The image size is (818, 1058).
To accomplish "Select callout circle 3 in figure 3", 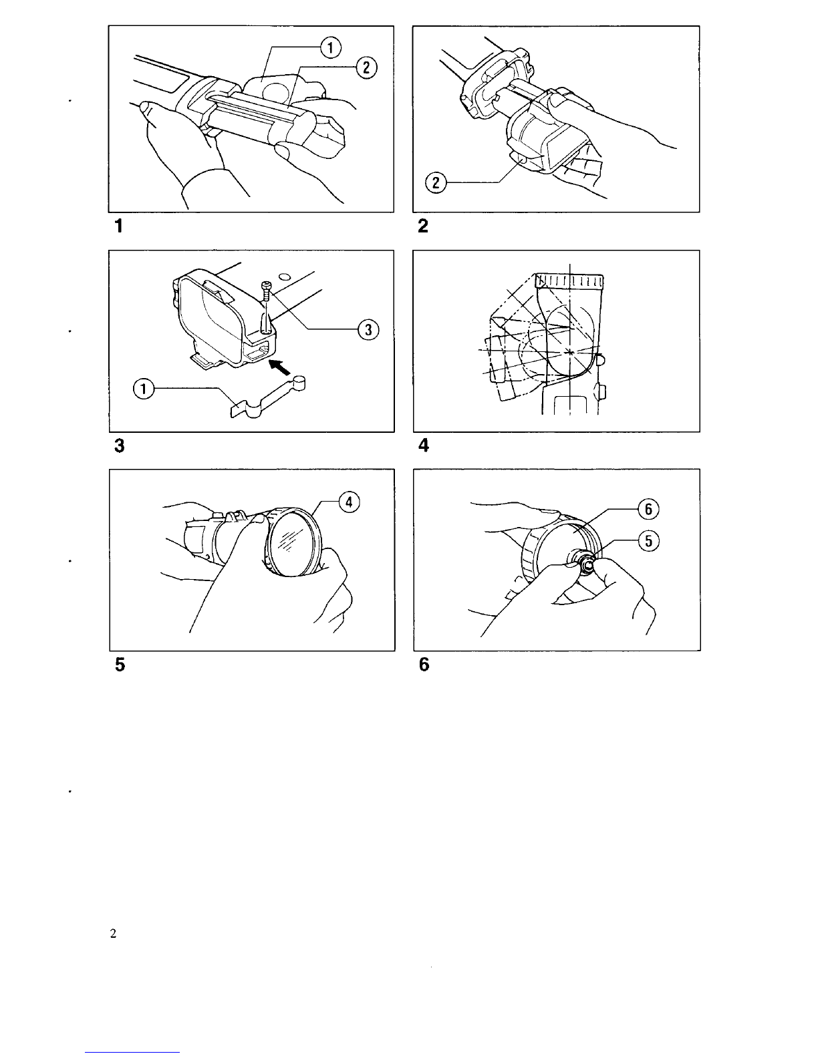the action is click(x=367, y=329).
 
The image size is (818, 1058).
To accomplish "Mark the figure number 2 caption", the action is click(x=422, y=227).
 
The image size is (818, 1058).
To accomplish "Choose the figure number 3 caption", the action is click(x=119, y=446).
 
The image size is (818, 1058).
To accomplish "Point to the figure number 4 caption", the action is click(x=422, y=446).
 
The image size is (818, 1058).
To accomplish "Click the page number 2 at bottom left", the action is click(x=113, y=934).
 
